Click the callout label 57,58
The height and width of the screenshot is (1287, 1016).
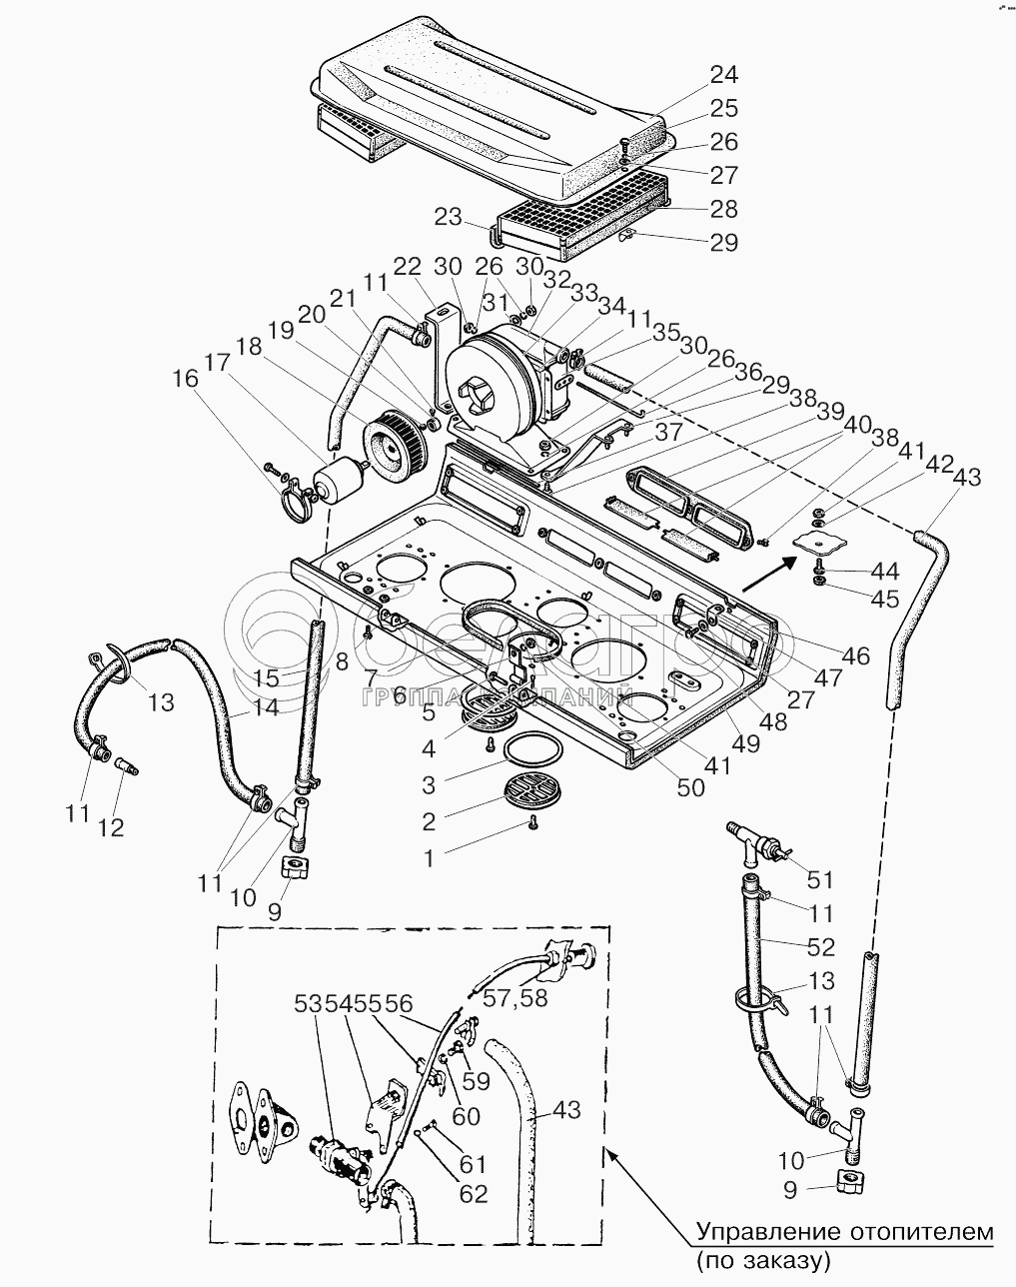coord(514,997)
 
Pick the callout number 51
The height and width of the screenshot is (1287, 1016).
coord(820,879)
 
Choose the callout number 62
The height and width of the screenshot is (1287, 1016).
coord(475,1193)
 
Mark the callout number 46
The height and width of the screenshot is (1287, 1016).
coord(855,655)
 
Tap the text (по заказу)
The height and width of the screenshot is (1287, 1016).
coord(764,1260)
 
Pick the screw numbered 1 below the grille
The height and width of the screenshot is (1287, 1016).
coord(531,822)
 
